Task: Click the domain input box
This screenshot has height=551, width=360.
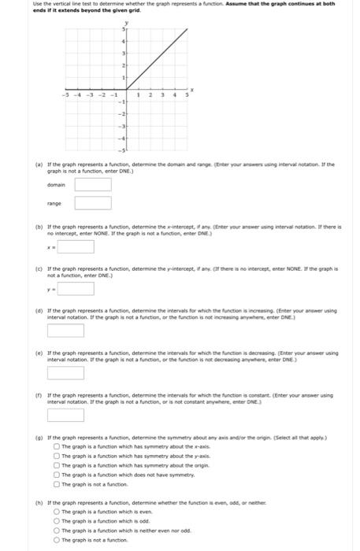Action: tap(92, 185)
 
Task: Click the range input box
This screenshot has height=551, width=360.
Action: tap(92, 203)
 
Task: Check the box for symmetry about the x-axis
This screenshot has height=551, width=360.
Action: tap(57, 446)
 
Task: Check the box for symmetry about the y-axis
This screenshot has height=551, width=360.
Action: tap(57, 454)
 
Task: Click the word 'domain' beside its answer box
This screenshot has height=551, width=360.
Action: tap(56, 185)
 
